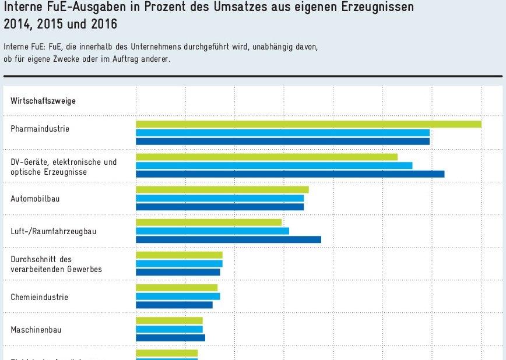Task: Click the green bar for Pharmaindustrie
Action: click(308, 124)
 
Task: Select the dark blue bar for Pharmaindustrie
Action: click(283, 141)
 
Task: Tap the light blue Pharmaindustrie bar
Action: click(283, 133)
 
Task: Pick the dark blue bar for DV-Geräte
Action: click(290, 174)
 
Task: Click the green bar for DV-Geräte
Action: click(266, 157)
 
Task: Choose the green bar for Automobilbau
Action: click(222, 189)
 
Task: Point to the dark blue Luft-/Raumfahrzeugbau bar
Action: click(229, 239)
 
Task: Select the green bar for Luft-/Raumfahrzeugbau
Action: click(209, 222)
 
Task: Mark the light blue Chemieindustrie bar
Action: click(178, 296)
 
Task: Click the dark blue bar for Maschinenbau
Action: click(170, 337)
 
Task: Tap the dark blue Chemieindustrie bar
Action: click(174, 305)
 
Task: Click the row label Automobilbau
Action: click(35, 199)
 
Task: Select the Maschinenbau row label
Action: click(36, 330)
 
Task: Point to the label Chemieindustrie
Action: click(39, 297)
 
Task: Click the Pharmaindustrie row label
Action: click(40, 129)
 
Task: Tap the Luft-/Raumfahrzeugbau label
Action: click(54, 231)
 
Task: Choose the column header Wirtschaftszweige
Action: click(43, 101)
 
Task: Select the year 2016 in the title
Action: click(103, 24)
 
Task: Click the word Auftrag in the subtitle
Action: click(124, 59)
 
